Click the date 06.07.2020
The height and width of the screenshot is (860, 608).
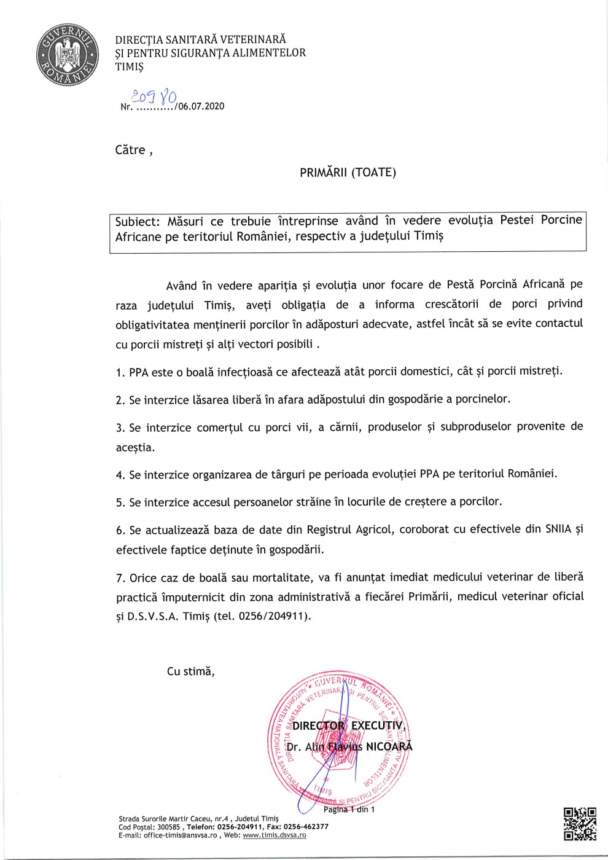[201, 106]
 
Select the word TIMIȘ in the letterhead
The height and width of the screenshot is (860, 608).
[129, 67]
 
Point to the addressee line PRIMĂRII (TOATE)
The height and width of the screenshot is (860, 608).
[348, 173]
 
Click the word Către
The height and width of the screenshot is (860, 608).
[130, 150]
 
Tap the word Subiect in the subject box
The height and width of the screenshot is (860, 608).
[137, 221]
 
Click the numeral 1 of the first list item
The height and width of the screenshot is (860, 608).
[119, 372]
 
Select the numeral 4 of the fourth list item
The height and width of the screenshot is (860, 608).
[120, 475]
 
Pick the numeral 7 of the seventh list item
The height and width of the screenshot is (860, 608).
[120, 578]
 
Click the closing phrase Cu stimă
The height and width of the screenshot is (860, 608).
[190, 671]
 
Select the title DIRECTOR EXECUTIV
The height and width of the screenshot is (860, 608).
[348, 725]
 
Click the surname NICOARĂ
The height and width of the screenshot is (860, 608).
[389, 747]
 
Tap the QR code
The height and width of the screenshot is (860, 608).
[580, 824]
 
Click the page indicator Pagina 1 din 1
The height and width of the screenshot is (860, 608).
[349, 809]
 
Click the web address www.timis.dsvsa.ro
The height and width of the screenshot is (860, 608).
[274, 835]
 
